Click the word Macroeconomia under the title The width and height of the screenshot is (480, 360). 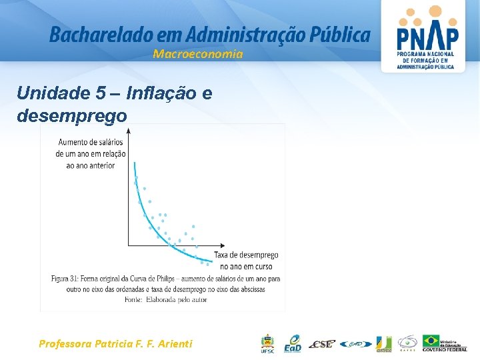(x=197, y=54)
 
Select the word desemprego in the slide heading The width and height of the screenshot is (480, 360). (x=71, y=115)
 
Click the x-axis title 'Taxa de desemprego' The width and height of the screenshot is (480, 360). (x=246, y=255)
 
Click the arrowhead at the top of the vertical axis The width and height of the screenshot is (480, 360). (x=128, y=131)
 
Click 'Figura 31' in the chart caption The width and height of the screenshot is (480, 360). (x=68, y=277)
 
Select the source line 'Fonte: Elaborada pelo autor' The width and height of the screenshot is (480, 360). (x=165, y=300)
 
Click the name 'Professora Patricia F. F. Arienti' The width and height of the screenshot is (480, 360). (x=115, y=343)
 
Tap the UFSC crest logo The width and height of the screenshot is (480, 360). (x=267, y=343)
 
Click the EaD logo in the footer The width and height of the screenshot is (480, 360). (x=293, y=343)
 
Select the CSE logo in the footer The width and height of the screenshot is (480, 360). (x=323, y=344)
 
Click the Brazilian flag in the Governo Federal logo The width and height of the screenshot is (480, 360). (x=431, y=341)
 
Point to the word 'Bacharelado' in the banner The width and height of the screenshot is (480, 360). (x=88, y=35)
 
